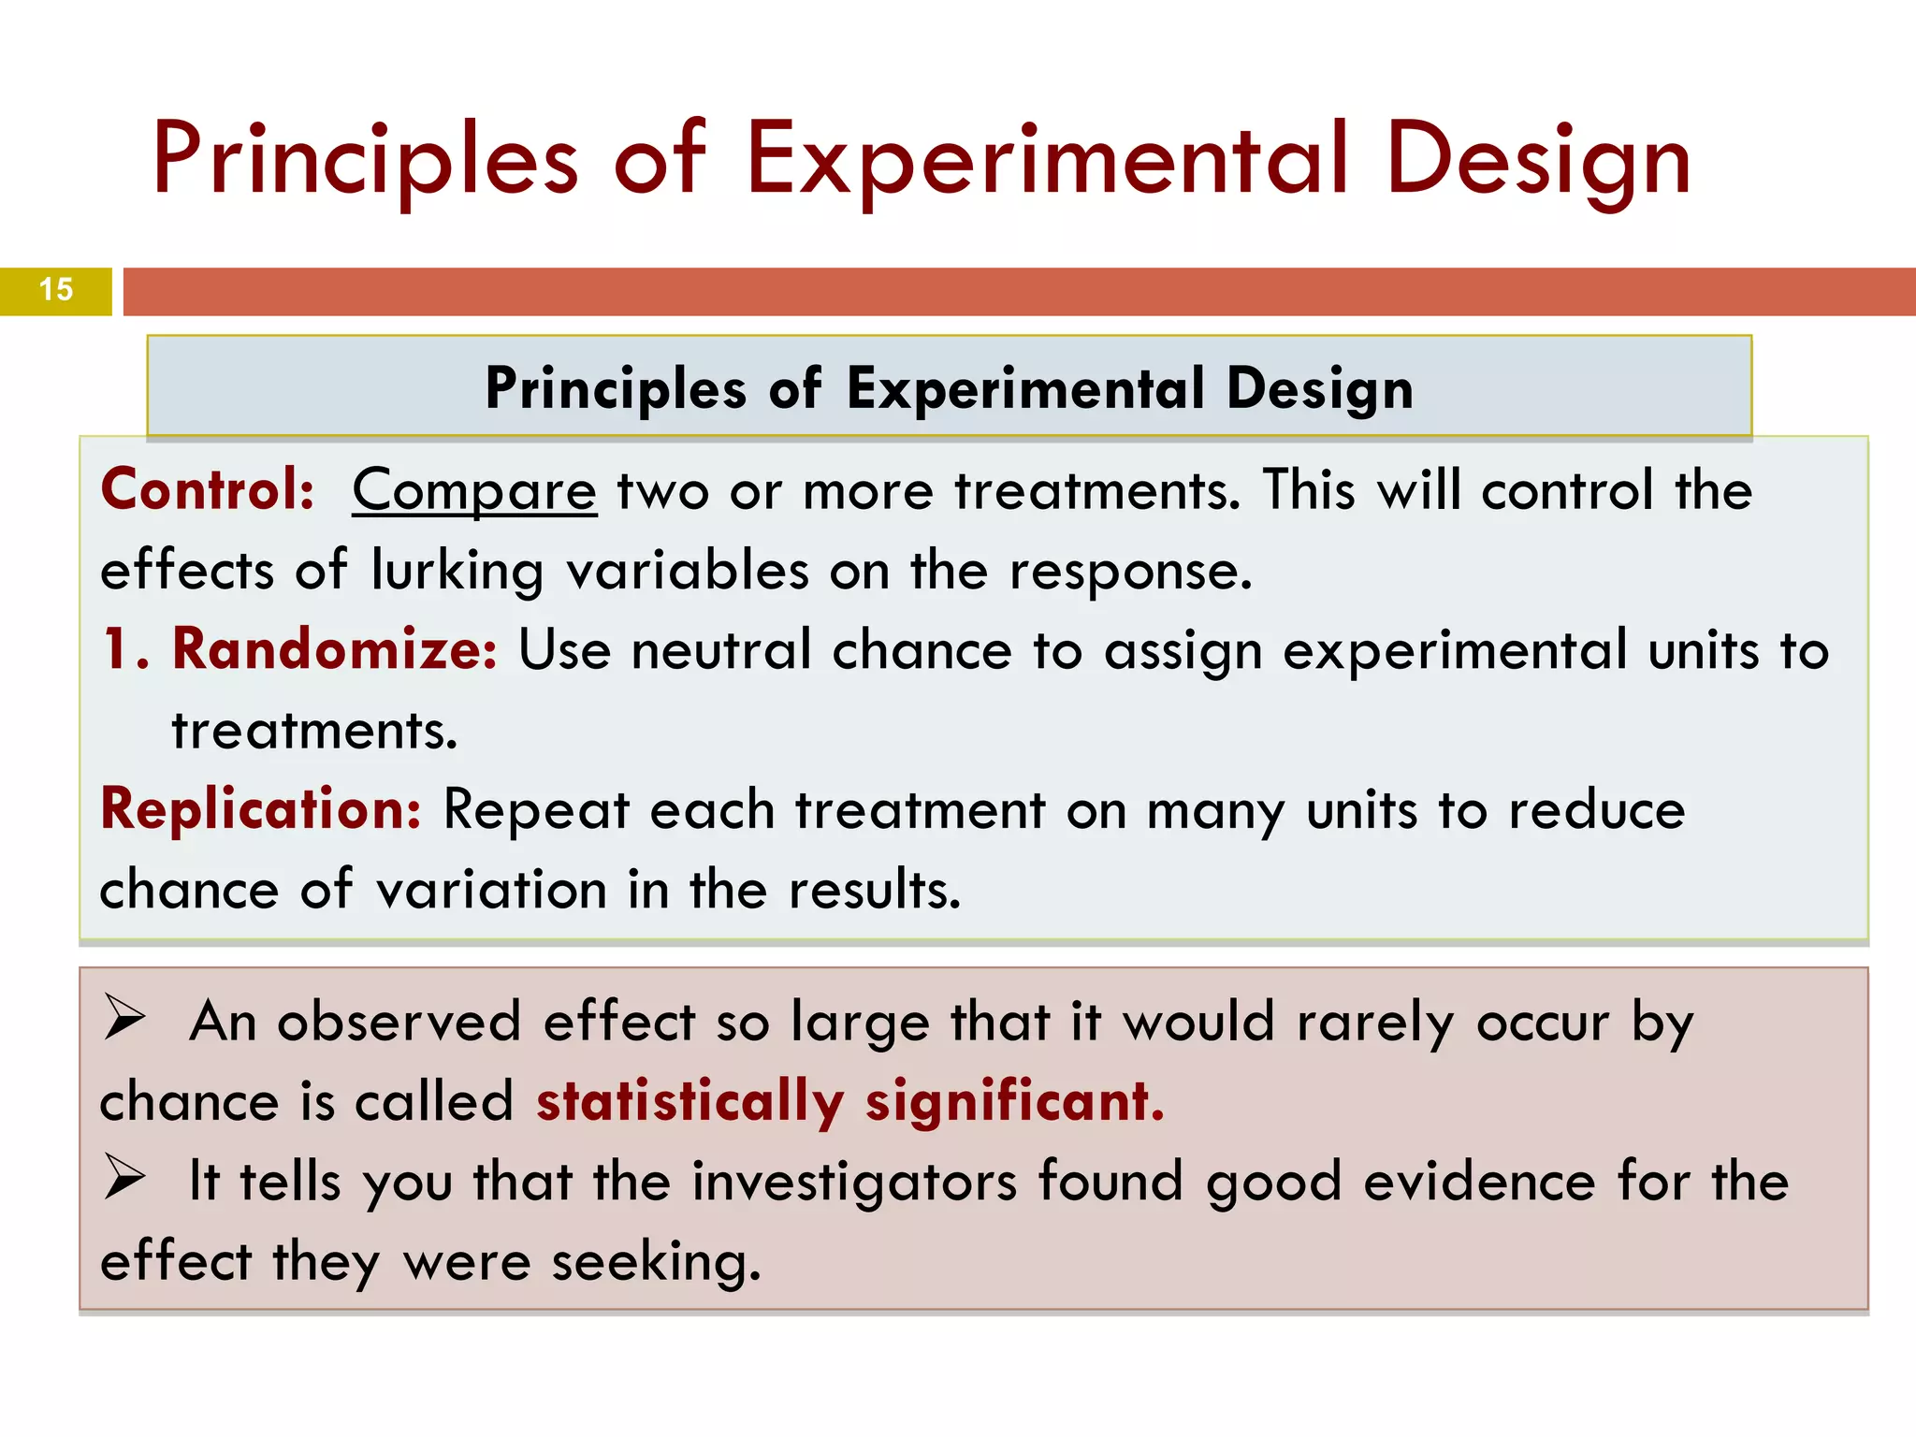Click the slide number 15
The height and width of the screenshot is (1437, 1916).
(56, 290)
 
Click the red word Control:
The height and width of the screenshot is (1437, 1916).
(208, 489)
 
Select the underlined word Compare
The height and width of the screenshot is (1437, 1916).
(474, 491)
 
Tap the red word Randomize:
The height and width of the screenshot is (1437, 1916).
(335, 649)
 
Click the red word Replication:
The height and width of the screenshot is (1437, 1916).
(261, 809)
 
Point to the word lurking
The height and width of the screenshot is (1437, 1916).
(457, 571)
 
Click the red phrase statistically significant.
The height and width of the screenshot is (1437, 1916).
(849, 1101)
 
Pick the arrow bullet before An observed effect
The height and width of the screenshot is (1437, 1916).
(124, 1019)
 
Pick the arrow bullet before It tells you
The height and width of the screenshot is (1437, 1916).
(124, 1178)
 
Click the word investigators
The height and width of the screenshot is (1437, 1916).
(853, 1183)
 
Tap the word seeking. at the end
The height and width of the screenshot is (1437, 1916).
(656, 1263)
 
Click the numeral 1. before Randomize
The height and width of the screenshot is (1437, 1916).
(125, 649)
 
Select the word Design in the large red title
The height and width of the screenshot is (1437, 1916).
(1538, 161)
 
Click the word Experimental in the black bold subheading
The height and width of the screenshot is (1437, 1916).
(1025, 388)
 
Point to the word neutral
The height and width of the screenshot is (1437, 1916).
(721, 650)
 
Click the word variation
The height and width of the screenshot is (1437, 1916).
(491, 890)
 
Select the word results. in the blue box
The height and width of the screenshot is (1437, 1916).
(875, 890)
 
